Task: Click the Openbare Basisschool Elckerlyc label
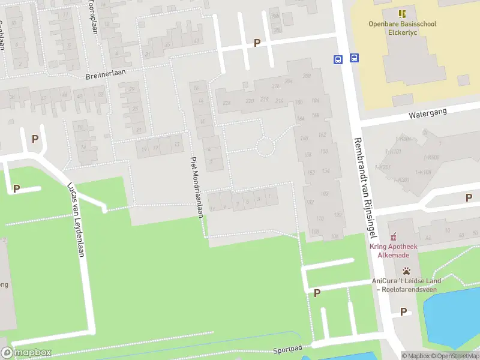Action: point(402,28)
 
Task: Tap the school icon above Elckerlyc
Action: point(402,13)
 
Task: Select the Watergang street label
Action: point(424,113)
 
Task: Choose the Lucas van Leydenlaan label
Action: point(76,219)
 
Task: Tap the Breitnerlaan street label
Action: point(104,76)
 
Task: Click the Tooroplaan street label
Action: point(93,17)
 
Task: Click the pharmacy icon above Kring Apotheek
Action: point(394,238)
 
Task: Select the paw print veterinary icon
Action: point(407,271)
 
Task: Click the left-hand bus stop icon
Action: point(338,59)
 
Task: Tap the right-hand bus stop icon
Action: point(355,58)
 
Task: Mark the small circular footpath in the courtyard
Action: point(265,146)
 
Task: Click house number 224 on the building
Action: point(227,103)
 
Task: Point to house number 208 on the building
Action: point(307,76)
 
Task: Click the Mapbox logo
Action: point(26,353)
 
